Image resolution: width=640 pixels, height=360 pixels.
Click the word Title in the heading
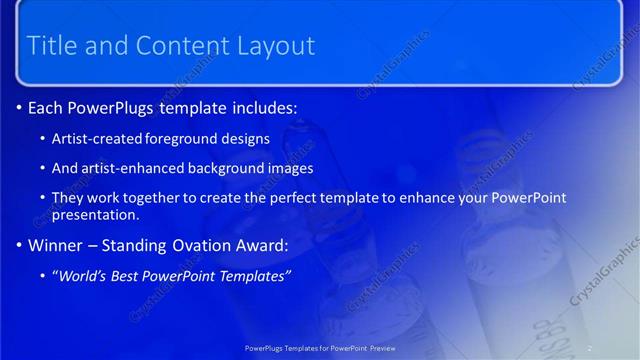click(x=52, y=45)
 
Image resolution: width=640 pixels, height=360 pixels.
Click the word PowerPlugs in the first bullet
click(x=120, y=107)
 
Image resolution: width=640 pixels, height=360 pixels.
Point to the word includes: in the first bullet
click(x=262, y=107)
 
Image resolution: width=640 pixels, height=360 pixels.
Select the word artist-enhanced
click(x=126, y=168)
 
